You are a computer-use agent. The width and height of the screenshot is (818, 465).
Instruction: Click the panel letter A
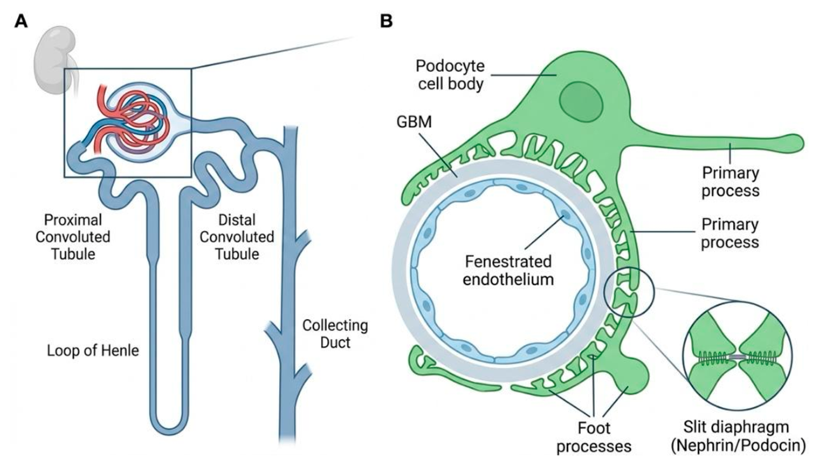[x=21, y=21]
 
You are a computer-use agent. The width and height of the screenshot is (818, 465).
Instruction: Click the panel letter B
[x=386, y=21]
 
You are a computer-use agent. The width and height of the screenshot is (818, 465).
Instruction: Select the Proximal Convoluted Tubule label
[x=72, y=236]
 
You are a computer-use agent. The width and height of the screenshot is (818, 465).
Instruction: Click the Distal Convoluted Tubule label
[x=237, y=236]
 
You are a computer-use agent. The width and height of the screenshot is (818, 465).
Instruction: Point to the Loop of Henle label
[x=93, y=351]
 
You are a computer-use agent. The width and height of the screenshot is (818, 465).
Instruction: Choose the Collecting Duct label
[x=335, y=333]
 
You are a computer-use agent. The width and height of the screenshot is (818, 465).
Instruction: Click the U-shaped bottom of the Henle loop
[x=168, y=423]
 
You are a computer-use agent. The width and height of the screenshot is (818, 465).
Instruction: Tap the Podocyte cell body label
[x=450, y=75]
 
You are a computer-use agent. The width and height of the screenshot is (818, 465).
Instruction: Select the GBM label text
[x=414, y=122]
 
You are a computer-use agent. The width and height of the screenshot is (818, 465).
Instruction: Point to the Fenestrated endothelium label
[x=507, y=270]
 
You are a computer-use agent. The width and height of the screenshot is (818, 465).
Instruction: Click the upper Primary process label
[x=730, y=181]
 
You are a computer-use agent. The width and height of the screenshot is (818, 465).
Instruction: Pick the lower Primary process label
[x=730, y=233]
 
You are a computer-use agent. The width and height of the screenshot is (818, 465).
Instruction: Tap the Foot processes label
[x=594, y=437]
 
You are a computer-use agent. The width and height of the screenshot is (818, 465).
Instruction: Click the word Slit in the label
[x=695, y=427]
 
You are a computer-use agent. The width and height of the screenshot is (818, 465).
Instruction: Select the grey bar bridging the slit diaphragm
[x=737, y=357]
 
